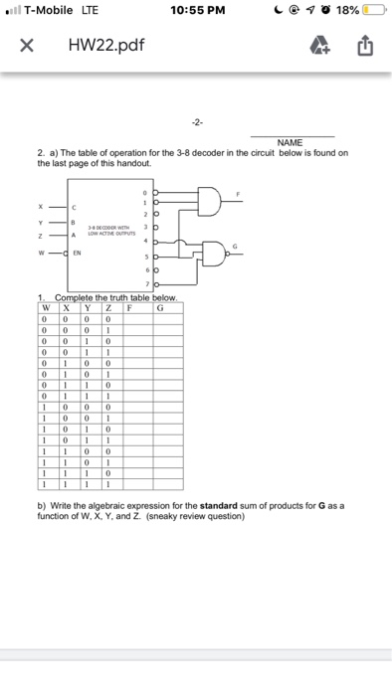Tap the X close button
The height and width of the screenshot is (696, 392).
[x=27, y=45]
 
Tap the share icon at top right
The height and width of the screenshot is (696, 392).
[x=364, y=45]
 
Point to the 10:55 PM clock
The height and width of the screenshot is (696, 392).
[x=196, y=11]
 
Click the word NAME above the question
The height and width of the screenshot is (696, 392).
[x=291, y=143]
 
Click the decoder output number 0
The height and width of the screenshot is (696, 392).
[x=143, y=192]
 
